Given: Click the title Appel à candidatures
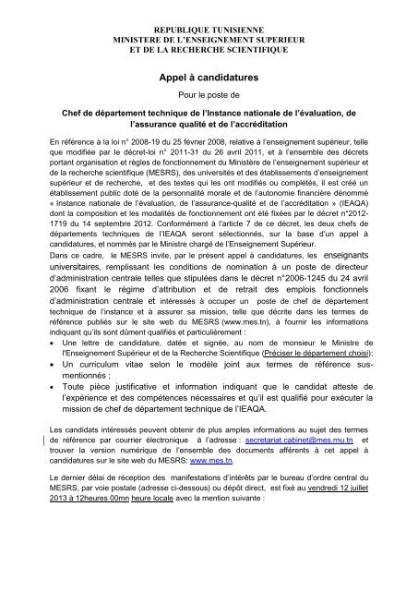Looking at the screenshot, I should [x=209, y=80].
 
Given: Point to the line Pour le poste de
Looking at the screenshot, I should [x=209, y=99].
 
